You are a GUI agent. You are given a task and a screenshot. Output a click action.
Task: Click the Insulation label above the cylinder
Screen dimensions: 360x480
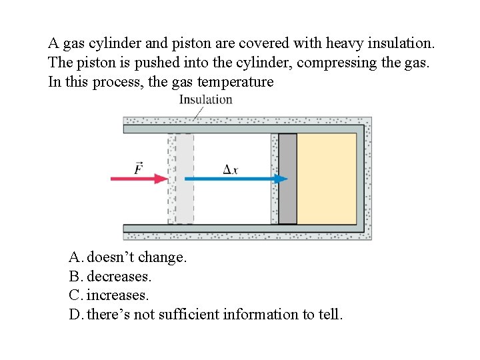(x=205, y=99)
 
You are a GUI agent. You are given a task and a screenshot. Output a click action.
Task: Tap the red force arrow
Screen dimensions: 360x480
(x=141, y=179)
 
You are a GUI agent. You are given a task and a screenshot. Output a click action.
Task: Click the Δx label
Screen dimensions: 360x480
(x=230, y=169)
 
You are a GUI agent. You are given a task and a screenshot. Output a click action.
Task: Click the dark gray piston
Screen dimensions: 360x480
(x=287, y=179)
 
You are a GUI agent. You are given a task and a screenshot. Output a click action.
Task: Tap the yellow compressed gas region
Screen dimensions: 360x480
(x=326, y=179)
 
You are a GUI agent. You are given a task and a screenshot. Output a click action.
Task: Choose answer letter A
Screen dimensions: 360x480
(x=75, y=257)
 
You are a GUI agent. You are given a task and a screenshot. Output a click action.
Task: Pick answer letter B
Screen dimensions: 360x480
(x=75, y=276)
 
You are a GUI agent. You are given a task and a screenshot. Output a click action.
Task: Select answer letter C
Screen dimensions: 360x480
(x=75, y=295)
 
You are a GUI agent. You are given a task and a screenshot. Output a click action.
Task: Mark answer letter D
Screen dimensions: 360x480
(x=75, y=314)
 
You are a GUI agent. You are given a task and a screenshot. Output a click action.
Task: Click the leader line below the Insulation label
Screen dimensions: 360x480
(x=198, y=113)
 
